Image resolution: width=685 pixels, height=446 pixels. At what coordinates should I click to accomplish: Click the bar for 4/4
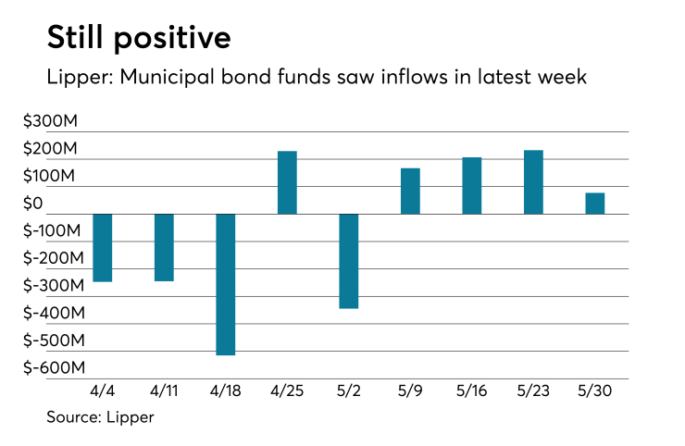pyautogui.click(x=103, y=247)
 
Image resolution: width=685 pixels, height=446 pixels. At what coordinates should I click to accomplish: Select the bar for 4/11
pyautogui.click(x=164, y=247)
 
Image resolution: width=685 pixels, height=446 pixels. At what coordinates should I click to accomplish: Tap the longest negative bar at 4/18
pyautogui.click(x=225, y=284)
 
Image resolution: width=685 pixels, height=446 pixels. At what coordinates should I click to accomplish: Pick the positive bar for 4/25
pyautogui.click(x=287, y=182)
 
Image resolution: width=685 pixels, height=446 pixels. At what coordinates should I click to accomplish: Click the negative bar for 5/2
pyautogui.click(x=348, y=261)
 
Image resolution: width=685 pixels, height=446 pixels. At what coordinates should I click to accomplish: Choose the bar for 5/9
pyautogui.click(x=410, y=191)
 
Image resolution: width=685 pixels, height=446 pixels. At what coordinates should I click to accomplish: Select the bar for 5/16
pyautogui.click(x=471, y=185)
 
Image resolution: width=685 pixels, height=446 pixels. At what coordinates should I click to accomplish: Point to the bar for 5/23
pyautogui.click(x=533, y=182)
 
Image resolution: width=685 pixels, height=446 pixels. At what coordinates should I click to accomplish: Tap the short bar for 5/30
pyautogui.click(x=594, y=203)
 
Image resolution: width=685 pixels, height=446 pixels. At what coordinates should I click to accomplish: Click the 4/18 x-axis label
pyautogui.click(x=225, y=391)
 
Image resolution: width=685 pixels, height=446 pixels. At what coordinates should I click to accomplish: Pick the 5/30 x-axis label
pyautogui.click(x=594, y=391)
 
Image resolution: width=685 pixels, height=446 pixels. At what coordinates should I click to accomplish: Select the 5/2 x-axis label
pyautogui.click(x=348, y=391)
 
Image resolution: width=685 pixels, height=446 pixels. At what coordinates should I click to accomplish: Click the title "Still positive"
pyautogui.click(x=138, y=39)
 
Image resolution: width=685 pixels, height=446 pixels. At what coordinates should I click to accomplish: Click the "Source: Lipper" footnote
pyautogui.click(x=100, y=417)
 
